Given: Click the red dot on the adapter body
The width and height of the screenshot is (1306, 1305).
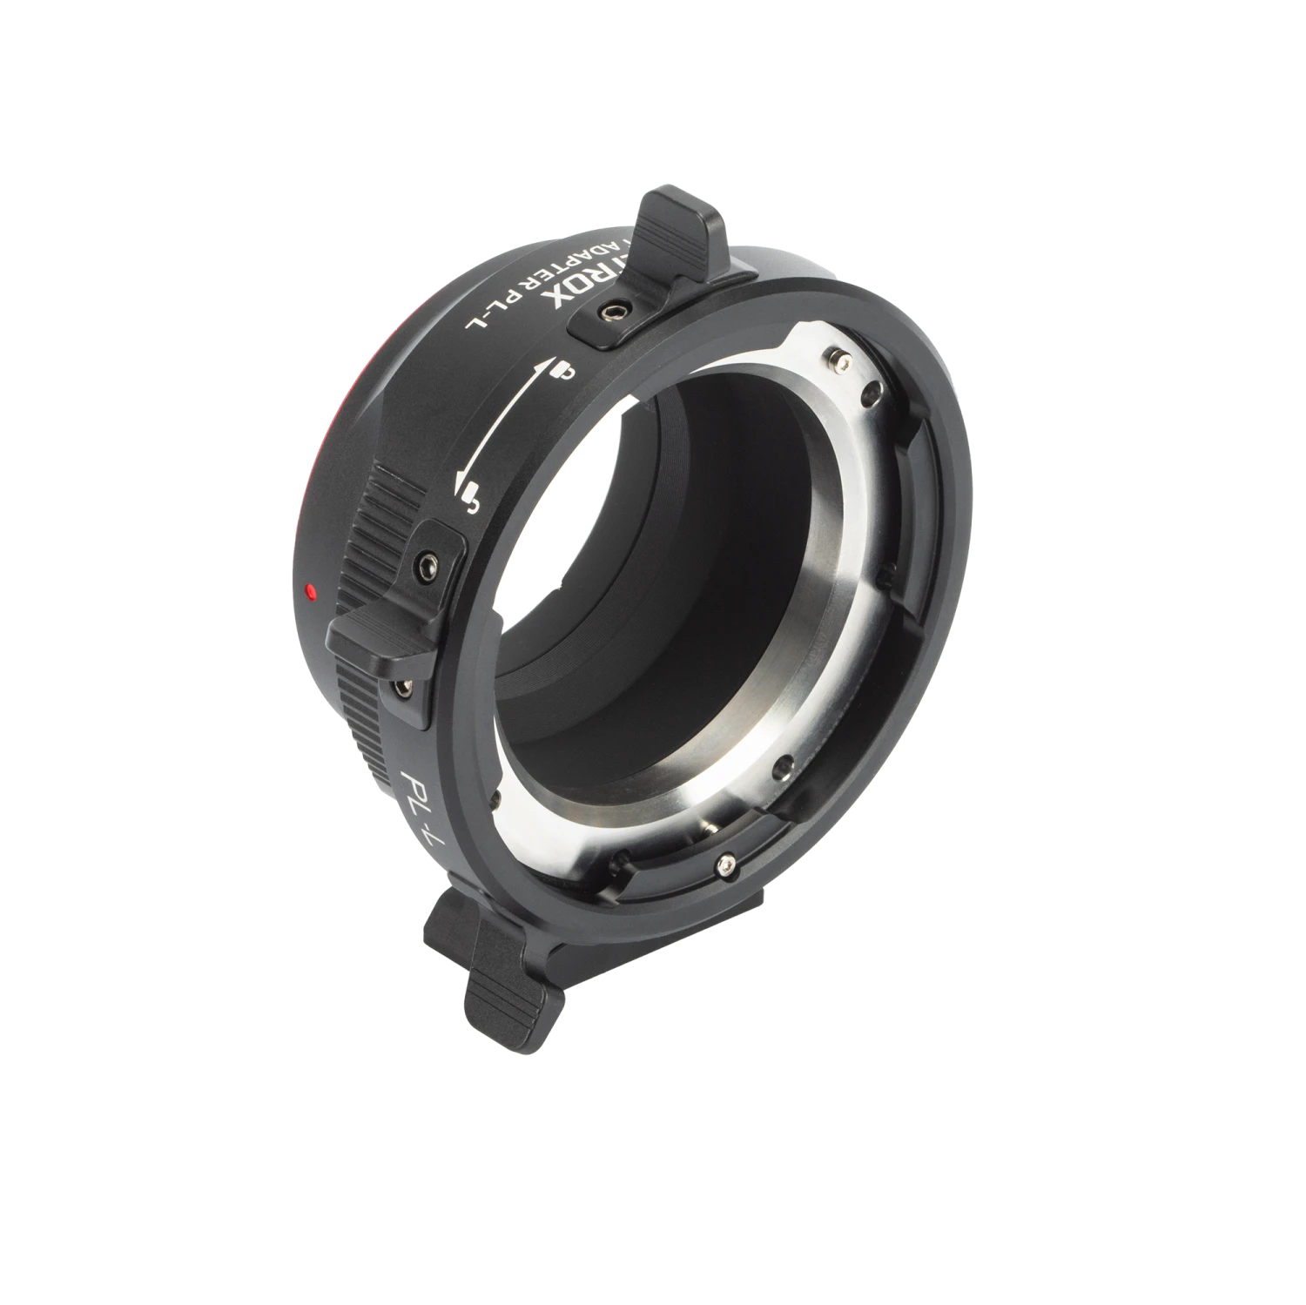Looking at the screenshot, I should (x=309, y=591).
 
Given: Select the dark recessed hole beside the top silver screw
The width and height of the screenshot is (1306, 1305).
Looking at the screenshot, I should (x=869, y=397).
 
